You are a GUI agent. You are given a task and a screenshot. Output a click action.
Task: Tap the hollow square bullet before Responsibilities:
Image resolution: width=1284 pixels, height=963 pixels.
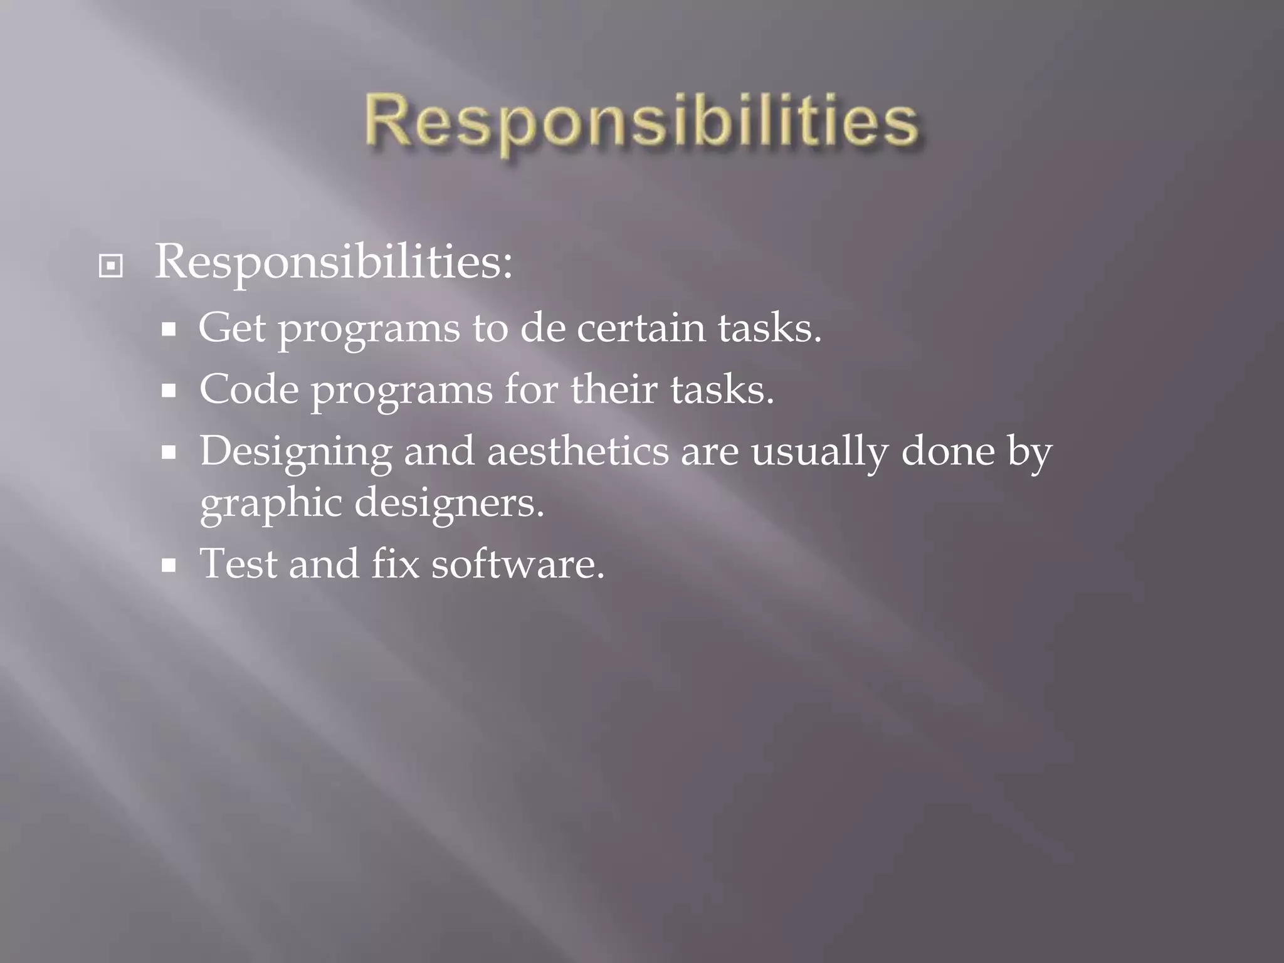click(111, 266)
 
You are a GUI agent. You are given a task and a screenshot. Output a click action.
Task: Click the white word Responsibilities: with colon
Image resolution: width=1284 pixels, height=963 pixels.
click(334, 262)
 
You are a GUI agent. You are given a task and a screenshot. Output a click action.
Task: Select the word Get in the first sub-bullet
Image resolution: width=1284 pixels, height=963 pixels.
click(231, 329)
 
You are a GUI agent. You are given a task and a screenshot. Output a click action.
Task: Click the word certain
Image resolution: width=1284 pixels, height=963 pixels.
click(640, 329)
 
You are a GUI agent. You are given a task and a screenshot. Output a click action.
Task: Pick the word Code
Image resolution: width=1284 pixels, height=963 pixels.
click(249, 390)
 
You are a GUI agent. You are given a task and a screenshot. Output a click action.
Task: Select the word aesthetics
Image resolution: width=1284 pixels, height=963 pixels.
click(577, 451)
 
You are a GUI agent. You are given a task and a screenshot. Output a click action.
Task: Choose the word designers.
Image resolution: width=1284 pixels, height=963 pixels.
click(449, 504)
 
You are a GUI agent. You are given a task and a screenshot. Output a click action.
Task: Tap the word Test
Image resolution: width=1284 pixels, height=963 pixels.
click(238, 564)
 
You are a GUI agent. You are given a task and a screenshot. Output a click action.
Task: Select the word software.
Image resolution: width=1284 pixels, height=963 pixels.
click(517, 564)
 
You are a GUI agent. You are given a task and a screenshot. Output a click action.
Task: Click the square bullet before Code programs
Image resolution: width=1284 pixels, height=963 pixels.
click(168, 392)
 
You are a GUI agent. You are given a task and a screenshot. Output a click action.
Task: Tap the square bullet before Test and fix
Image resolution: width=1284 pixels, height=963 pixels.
click(168, 566)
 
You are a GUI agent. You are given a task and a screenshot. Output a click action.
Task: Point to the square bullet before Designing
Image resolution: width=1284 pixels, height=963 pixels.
click(168, 453)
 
